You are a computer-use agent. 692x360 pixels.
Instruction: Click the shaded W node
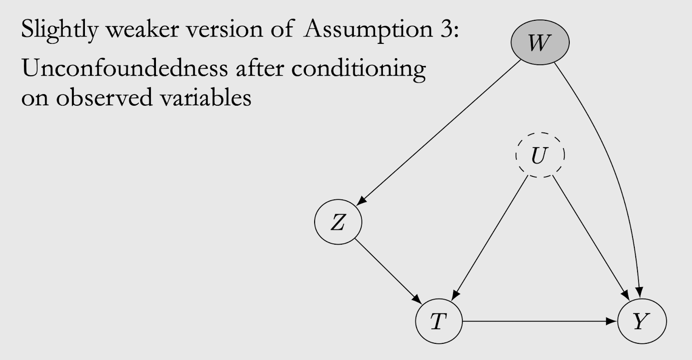540,43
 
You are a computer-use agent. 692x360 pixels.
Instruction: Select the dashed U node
540,156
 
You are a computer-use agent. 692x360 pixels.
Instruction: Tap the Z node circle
338,223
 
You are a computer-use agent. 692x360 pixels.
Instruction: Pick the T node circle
438,322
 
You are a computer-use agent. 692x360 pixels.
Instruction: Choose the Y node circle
641,322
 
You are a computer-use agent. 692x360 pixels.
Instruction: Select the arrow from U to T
491,235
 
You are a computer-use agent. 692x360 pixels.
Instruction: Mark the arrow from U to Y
591,235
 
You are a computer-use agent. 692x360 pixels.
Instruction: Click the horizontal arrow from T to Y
540,322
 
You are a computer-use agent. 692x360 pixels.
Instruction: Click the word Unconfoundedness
123,69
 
